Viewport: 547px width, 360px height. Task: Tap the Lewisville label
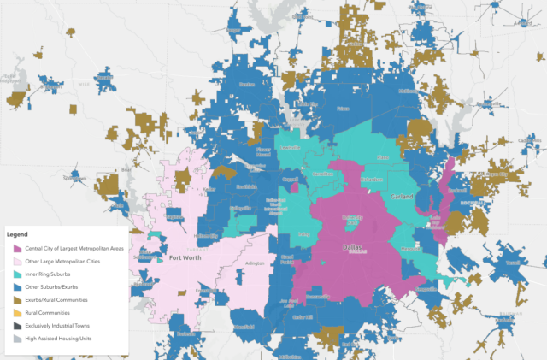291,146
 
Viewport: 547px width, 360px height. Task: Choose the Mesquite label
410,249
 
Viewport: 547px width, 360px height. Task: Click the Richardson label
370,181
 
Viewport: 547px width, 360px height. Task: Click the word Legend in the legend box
18,233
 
